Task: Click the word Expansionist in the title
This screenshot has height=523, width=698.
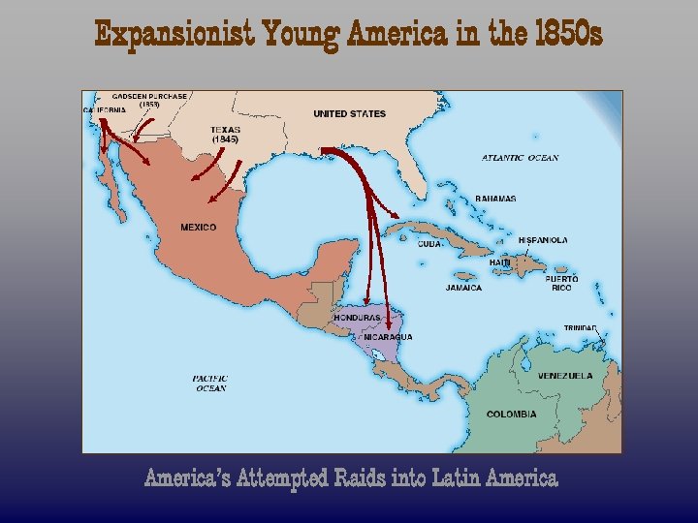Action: (x=173, y=36)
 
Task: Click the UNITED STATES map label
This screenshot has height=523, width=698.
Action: (x=349, y=114)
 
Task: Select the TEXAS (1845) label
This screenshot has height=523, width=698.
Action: (x=225, y=135)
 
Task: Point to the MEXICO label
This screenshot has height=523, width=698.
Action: (x=199, y=228)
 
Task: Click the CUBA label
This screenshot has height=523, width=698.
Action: (x=430, y=244)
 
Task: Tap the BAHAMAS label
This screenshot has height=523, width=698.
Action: (x=495, y=199)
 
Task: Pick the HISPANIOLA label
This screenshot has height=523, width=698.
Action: (x=543, y=240)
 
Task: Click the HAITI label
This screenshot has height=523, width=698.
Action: (x=500, y=262)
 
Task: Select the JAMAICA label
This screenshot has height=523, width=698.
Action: (x=463, y=288)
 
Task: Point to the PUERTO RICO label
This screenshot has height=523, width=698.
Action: (x=562, y=283)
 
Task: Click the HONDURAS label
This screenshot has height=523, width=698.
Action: (x=357, y=318)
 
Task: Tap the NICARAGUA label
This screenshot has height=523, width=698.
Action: (x=388, y=337)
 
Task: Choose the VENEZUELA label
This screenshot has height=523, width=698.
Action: (x=565, y=376)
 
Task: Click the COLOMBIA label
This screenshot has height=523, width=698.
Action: (x=511, y=415)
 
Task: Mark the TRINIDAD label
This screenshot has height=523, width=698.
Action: (x=582, y=328)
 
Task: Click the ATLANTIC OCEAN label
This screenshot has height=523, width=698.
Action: (x=521, y=158)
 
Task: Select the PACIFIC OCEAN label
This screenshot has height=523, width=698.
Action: (x=209, y=384)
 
